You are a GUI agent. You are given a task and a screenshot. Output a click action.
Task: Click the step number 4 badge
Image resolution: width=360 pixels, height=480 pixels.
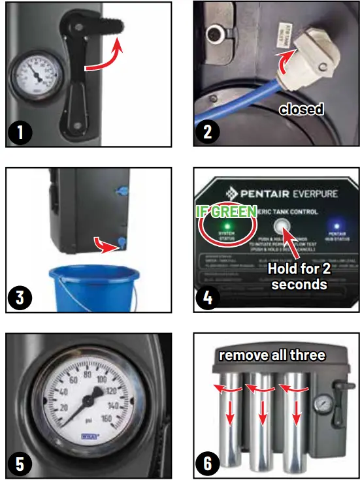208,298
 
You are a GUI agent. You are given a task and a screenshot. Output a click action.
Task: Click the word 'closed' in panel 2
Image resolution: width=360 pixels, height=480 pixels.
301,109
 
